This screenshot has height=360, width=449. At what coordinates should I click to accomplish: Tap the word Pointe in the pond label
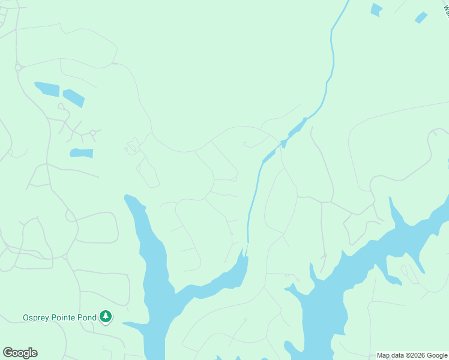(x=65, y=317)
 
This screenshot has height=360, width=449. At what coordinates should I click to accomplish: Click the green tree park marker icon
(x=106, y=316)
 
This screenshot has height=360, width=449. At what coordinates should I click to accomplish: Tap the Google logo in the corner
(x=20, y=353)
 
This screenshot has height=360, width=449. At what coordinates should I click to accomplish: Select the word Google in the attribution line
(x=438, y=355)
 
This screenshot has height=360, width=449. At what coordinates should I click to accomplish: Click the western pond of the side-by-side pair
(x=47, y=89)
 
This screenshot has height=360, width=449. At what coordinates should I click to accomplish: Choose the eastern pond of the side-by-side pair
(x=74, y=97)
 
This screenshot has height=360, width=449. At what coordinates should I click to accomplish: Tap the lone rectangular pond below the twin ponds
(x=82, y=153)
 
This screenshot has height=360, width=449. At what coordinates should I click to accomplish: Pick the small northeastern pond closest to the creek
(x=376, y=10)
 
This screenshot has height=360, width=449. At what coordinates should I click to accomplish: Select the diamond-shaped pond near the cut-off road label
(x=421, y=17)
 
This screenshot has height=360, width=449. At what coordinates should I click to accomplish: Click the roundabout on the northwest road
(x=19, y=67)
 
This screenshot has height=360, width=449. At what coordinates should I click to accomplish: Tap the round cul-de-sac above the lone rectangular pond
(x=92, y=133)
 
